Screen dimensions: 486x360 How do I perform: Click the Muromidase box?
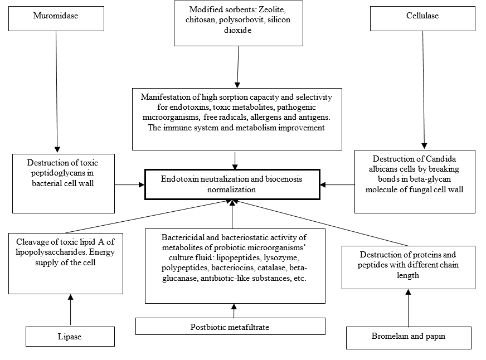(56, 18)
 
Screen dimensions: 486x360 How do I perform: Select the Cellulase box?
(422, 18)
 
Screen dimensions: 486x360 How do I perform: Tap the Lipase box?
(70, 337)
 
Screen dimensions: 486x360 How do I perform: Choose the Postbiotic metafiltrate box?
(230, 326)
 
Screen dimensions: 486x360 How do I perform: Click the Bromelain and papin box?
(409, 338)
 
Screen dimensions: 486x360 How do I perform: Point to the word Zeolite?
(272, 9)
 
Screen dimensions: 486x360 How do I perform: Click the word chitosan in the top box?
(201, 20)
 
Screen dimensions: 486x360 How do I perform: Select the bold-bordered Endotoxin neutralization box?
(232, 184)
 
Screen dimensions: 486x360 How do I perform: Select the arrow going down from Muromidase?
(57, 92)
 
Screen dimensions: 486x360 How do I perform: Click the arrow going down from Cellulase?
(424, 90)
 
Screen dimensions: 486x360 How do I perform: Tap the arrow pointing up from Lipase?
(71, 309)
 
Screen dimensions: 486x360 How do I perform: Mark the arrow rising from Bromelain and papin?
(408, 308)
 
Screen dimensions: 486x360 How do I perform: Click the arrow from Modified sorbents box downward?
(238, 67)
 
